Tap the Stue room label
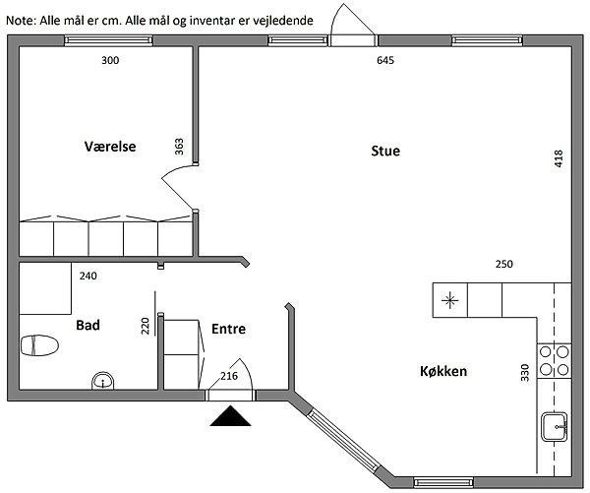click(x=385, y=151)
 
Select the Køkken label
click(x=442, y=372)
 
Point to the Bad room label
click(x=88, y=325)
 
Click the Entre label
click(x=228, y=329)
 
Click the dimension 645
click(x=386, y=61)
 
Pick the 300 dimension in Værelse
click(x=110, y=61)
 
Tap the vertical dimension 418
click(x=559, y=158)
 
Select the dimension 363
click(x=179, y=147)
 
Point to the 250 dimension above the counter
click(x=503, y=264)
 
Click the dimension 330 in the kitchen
click(x=525, y=372)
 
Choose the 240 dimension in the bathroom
click(x=88, y=276)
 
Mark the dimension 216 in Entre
click(x=230, y=375)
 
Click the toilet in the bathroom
click(x=39, y=345)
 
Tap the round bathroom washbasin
click(x=102, y=381)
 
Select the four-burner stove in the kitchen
click(x=555, y=360)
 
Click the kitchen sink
click(x=555, y=425)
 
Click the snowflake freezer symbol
click(x=450, y=300)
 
